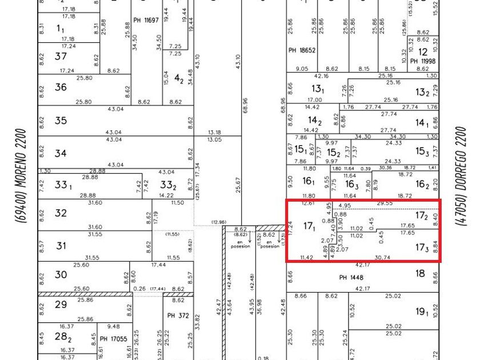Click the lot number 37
point(61,57)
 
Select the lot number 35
point(61,121)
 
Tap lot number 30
point(61,274)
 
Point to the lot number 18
point(421,274)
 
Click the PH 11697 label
point(146,21)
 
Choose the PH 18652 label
point(302,50)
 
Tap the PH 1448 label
point(351,277)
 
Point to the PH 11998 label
point(422,61)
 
